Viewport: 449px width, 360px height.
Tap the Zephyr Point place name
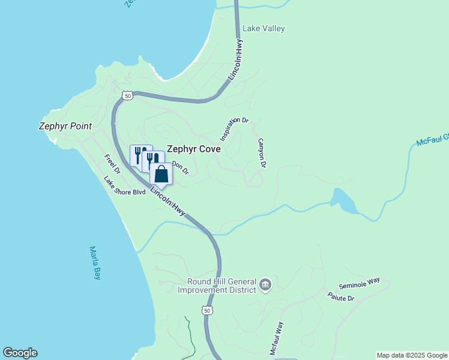65,126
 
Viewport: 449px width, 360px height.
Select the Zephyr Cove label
193,149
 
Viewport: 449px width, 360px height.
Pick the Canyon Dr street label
262,152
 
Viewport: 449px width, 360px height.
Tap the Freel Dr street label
112,164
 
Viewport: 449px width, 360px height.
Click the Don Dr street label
181,167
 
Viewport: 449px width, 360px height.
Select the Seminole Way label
360,286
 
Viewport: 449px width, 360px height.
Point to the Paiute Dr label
341,296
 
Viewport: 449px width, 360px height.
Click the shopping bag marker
161,174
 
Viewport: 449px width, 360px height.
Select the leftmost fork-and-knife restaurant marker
138,155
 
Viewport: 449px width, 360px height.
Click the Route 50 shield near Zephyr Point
127,95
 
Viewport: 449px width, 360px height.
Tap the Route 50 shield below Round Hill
207,310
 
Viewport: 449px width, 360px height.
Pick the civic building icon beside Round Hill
265,286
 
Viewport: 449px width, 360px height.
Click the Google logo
20,353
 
